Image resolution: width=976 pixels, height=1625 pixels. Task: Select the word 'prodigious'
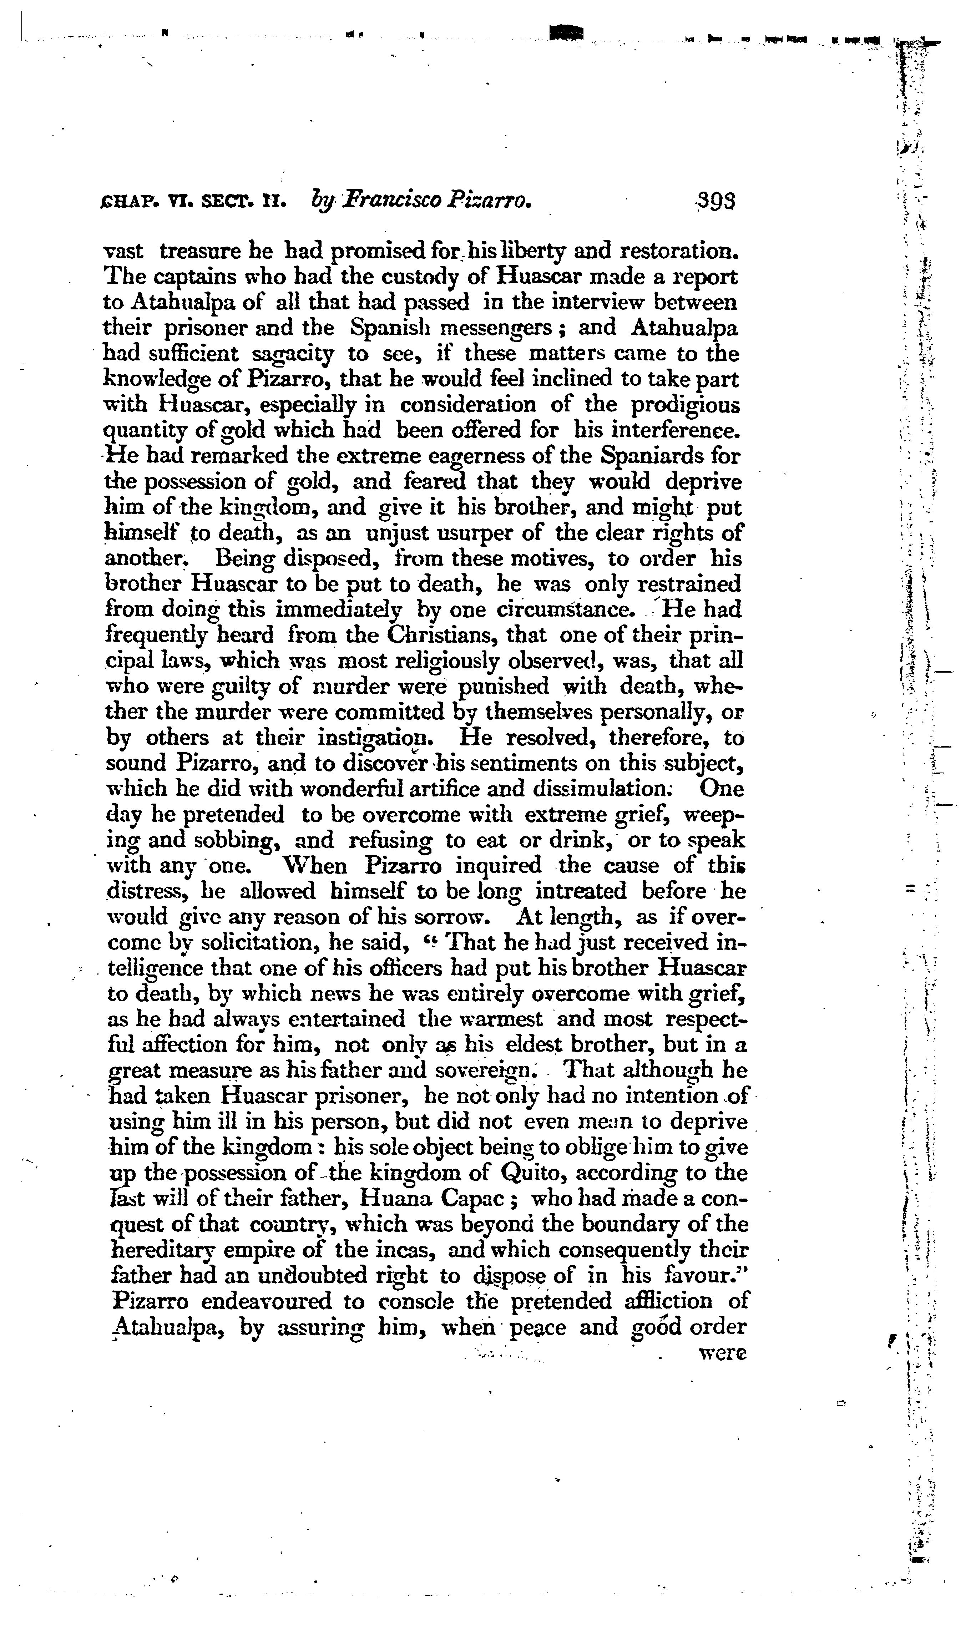(x=685, y=405)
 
